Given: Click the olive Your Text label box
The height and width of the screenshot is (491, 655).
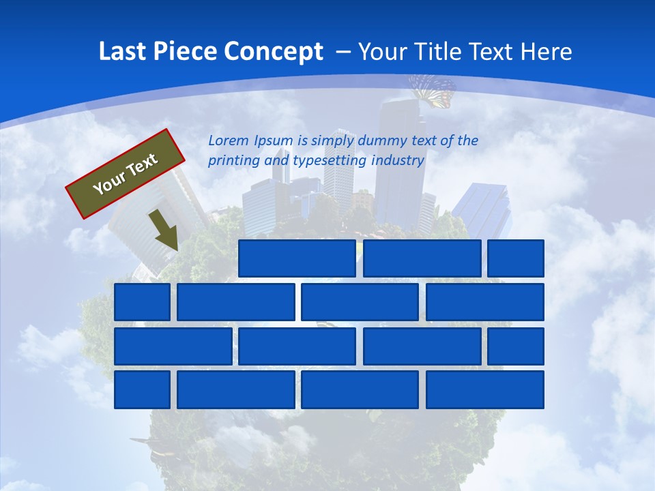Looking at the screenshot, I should click(x=126, y=173).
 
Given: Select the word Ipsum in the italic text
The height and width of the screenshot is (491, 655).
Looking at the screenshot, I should click(x=273, y=141).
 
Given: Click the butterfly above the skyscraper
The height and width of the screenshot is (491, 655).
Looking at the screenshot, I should click(x=433, y=90).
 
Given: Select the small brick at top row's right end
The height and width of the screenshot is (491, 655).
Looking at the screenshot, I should click(x=516, y=258).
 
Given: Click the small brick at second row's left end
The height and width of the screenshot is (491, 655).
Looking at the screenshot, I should click(x=142, y=302).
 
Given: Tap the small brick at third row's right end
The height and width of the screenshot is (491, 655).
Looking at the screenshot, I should click(x=516, y=346).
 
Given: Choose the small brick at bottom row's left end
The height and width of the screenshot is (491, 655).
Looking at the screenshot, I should click(x=142, y=390).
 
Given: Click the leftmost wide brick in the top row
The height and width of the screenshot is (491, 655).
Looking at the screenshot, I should click(x=297, y=258).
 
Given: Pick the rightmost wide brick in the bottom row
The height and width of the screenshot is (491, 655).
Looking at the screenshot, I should click(x=485, y=390).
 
